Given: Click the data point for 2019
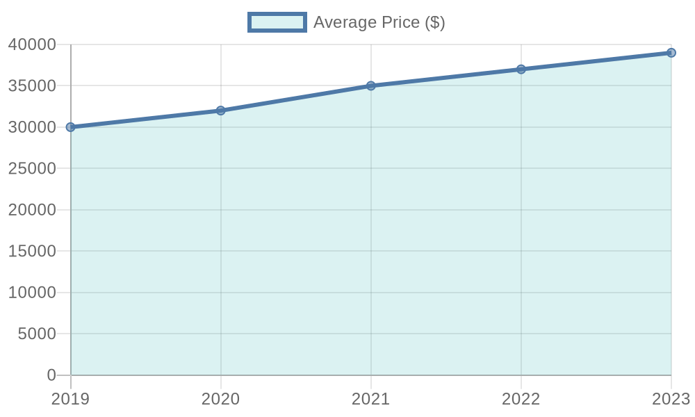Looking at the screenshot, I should [x=71, y=127].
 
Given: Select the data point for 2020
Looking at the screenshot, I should [x=221, y=111].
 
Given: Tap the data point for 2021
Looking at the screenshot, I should [x=371, y=85].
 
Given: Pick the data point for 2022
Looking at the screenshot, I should [x=521, y=69].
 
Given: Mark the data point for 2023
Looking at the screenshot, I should [x=671, y=53].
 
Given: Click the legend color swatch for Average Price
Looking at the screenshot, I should [x=277, y=22].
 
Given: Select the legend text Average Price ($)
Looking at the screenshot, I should [x=379, y=22].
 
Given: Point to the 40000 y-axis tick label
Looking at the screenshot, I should [x=32, y=45].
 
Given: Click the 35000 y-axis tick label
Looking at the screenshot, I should [x=32, y=86].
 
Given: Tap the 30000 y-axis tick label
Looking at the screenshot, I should [x=32, y=128].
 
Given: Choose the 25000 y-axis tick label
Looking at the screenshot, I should [x=32, y=169].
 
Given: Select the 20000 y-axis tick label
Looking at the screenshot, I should [x=32, y=211].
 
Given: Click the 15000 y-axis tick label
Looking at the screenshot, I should [x=32, y=252].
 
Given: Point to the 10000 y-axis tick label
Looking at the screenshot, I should [x=32, y=293].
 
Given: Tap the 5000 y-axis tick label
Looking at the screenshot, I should [x=36, y=334].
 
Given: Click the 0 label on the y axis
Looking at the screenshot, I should [x=51, y=375].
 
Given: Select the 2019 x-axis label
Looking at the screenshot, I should [x=71, y=399].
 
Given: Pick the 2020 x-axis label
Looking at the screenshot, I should [x=221, y=399].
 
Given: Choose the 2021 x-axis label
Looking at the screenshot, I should [x=371, y=399].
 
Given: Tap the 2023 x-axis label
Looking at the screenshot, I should [x=671, y=399].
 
